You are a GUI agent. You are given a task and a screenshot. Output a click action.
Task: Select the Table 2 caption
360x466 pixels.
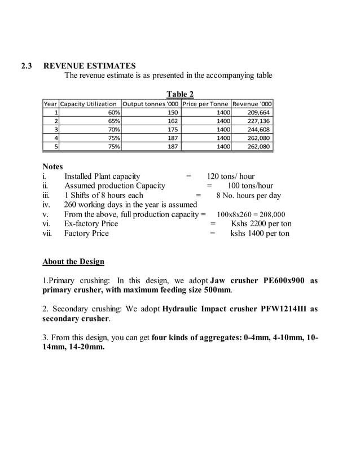[x=179, y=94]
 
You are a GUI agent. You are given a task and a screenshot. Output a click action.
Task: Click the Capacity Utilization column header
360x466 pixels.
[x=89, y=104]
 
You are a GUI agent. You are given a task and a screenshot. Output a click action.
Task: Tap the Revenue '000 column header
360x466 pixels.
[x=252, y=104]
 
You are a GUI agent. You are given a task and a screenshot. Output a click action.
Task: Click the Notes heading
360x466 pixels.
[x=53, y=166]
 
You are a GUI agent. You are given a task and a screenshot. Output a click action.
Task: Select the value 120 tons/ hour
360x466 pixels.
[x=230, y=176]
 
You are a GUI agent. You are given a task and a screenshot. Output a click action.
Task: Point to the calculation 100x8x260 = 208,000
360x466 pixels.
[x=251, y=214]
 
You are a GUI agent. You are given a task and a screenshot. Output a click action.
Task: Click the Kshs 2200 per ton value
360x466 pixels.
[x=261, y=223]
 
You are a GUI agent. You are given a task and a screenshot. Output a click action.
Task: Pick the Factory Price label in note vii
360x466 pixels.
[x=86, y=233]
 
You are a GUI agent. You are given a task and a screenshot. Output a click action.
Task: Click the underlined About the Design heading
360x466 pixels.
[x=73, y=262]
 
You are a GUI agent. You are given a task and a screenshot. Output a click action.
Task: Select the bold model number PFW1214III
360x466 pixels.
[x=278, y=309]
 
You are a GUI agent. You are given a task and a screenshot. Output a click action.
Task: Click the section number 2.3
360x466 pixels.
[x=27, y=66]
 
